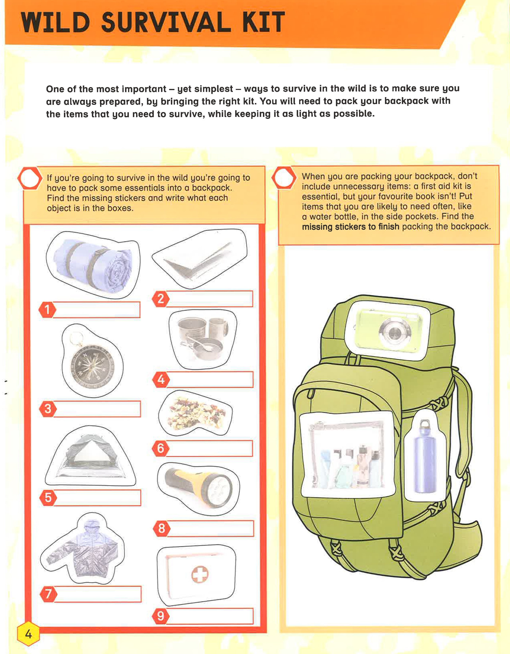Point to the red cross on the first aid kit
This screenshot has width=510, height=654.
coord(200,574)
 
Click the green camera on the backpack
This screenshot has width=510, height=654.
coord(389,331)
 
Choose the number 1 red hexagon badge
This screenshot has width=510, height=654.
coord(47,309)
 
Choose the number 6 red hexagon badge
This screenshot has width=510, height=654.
coord(161,448)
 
